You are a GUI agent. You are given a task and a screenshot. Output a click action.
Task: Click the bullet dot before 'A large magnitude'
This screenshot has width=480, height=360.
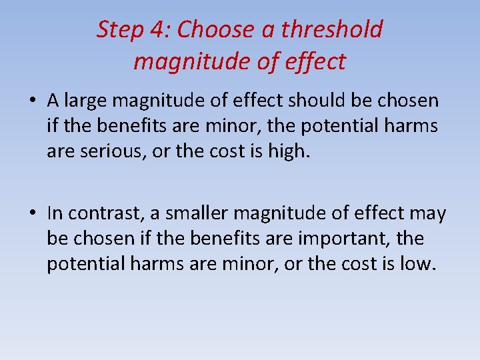[32, 101]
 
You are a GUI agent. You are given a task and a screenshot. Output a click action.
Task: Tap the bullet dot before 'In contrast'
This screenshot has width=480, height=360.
[32, 213]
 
